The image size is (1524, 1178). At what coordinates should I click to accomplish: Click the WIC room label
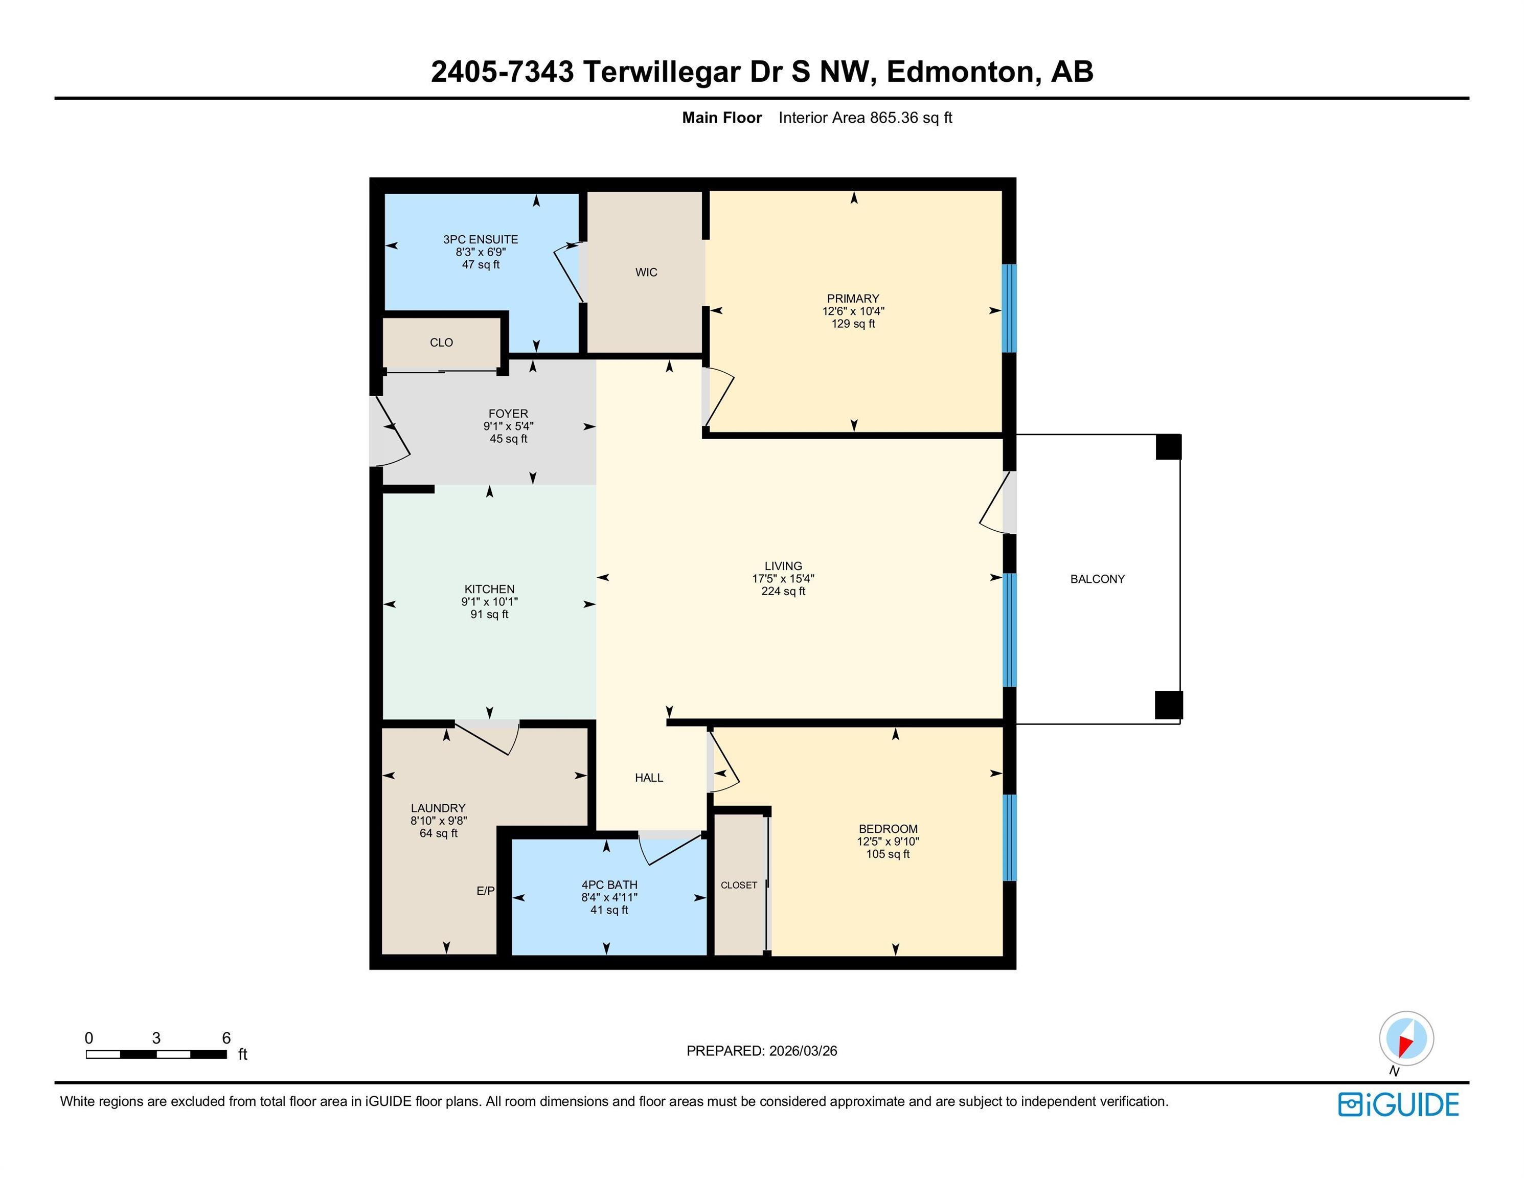pos(646,272)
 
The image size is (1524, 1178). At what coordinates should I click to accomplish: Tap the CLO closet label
pos(441,342)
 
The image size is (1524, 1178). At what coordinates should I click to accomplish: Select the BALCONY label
pos(1098,579)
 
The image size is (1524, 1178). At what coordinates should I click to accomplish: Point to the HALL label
pos(649,778)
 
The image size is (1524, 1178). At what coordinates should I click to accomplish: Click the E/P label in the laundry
pos(486,891)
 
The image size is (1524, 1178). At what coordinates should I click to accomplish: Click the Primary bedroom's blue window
pos(1009,308)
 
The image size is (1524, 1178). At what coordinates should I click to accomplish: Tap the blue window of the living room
pos(1009,629)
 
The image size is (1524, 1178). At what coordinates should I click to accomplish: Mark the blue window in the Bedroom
pos(1009,837)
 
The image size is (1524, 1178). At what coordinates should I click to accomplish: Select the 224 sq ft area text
pos(783,591)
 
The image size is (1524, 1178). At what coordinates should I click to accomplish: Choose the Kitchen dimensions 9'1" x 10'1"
pos(489,602)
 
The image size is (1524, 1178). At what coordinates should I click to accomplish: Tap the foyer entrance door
pos(390,432)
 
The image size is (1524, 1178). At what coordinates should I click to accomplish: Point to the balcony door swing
pos(996,503)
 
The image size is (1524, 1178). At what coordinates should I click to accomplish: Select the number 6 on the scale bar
pos(226,1038)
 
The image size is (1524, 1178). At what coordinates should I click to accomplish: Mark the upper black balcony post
pos(1168,447)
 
